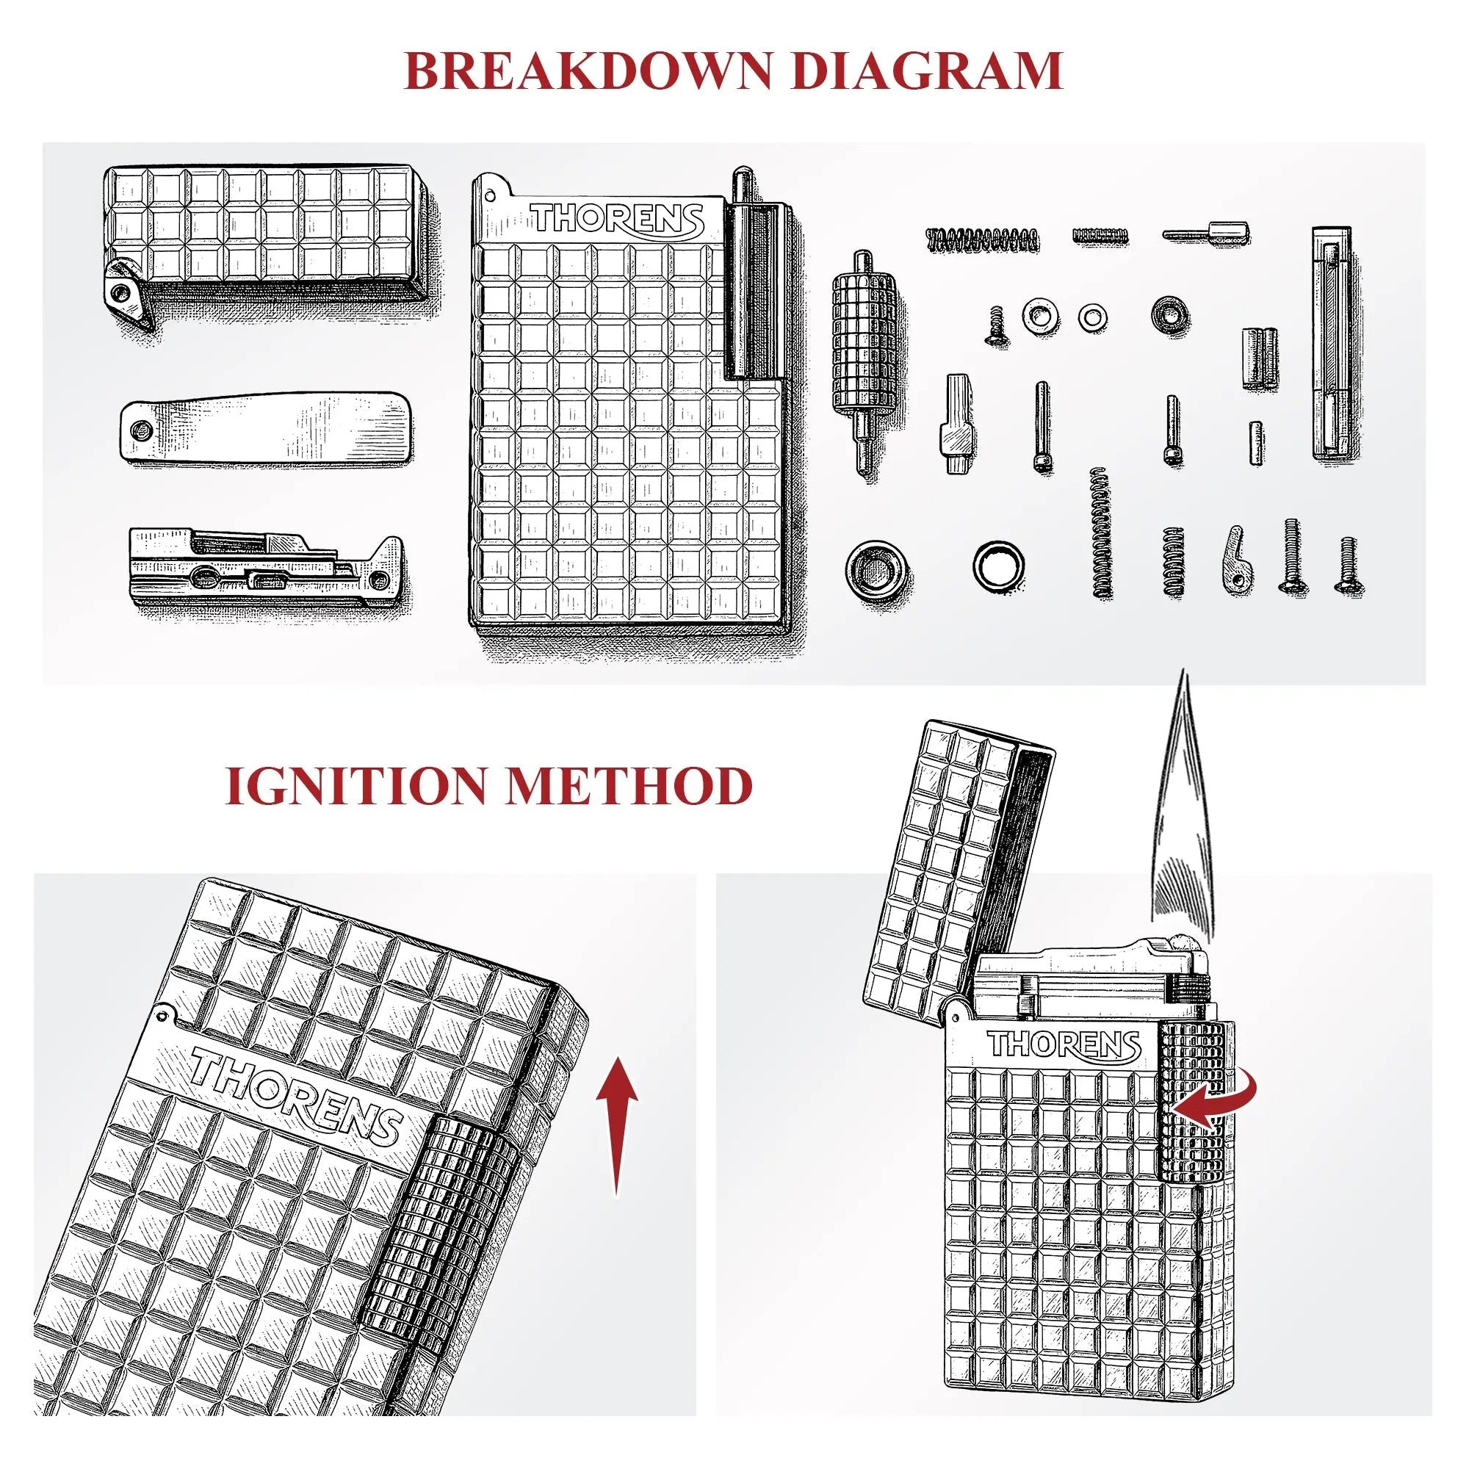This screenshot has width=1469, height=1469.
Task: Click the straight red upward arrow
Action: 616,1125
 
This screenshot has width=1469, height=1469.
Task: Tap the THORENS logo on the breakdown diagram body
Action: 617,219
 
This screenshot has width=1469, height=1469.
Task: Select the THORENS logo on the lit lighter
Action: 1064,1044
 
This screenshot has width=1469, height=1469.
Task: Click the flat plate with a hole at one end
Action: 267,427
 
